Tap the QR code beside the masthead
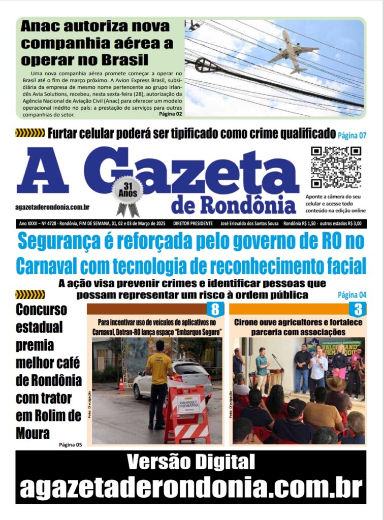point(336,167)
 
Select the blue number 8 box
point(215,309)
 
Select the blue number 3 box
point(357,309)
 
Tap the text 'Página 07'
point(352,135)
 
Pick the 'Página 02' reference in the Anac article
point(170,114)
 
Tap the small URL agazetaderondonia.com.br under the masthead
point(53,207)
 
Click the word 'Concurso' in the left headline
point(41,309)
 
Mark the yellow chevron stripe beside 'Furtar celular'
point(30,134)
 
